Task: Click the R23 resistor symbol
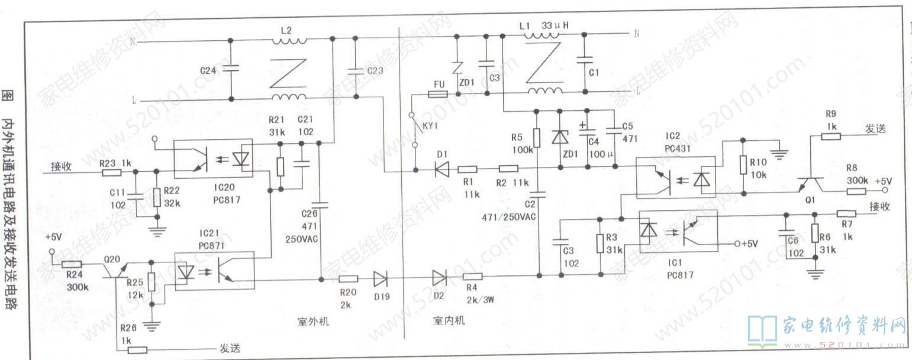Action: (111, 172)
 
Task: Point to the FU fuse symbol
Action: (438, 94)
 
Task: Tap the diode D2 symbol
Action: (439, 277)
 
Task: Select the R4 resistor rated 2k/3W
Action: (472, 277)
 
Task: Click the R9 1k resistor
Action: (831, 136)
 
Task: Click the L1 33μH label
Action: (543, 25)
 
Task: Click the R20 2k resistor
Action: (348, 278)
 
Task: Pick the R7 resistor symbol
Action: (846, 214)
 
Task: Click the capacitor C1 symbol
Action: (585, 59)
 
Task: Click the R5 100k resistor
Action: (536, 137)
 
